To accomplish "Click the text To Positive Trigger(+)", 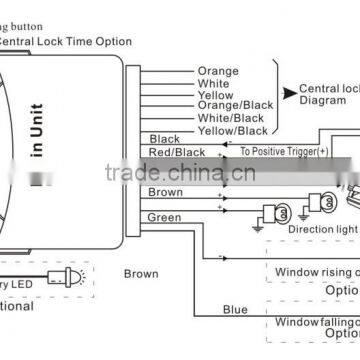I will coord(284,152).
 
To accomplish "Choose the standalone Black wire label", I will coord(164,139).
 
